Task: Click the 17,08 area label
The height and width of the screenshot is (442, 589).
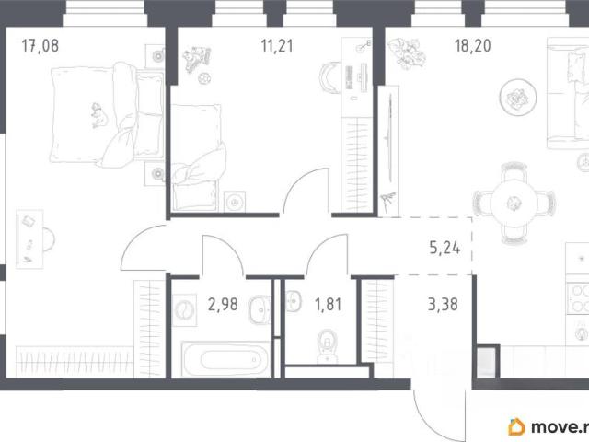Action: (x=40, y=46)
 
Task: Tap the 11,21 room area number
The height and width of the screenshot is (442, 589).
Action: (x=277, y=46)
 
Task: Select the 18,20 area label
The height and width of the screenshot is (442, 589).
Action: (x=472, y=46)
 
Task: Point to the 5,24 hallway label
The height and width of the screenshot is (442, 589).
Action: (x=445, y=248)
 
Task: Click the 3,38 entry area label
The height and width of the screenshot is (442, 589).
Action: (x=443, y=305)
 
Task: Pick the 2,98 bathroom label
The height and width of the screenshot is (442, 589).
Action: (x=223, y=305)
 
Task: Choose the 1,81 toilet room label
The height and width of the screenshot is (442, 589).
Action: (x=329, y=305)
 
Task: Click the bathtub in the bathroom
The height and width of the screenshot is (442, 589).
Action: (x=225, y=359)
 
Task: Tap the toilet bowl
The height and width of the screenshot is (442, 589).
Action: (x=328, y=346)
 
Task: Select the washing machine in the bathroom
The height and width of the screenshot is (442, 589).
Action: (x=184, y=310)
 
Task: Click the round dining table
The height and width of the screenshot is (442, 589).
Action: (x=514, y=204)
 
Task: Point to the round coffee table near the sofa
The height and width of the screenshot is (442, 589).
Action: (x=517, y=97)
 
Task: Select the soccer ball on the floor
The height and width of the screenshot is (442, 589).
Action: (x=204, y=78)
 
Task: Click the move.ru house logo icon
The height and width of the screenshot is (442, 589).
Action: (x=517, y=427)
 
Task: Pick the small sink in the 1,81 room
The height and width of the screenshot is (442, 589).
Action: (x=294, y=301)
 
